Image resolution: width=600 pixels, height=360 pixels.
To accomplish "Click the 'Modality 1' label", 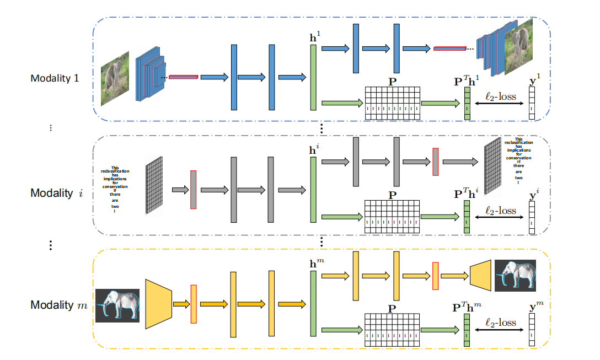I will [x=55, y=78].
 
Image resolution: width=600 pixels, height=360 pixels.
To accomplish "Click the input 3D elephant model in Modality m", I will [x=117, y=305].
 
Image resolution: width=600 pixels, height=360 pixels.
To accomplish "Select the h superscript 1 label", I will [x=314, y=39].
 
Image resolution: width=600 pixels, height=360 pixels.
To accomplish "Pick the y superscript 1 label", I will [x=533, y=82].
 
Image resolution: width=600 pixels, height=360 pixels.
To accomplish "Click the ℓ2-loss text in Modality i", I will [x=501, y=210].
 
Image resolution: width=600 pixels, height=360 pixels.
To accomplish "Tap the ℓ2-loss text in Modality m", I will [x=501, y=323].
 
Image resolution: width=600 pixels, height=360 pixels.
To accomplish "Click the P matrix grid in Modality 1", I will [x=392, y=103].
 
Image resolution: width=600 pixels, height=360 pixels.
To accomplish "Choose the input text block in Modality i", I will [x=115, y=190].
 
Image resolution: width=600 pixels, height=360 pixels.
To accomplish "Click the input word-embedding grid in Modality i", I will [x=154, y=185].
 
